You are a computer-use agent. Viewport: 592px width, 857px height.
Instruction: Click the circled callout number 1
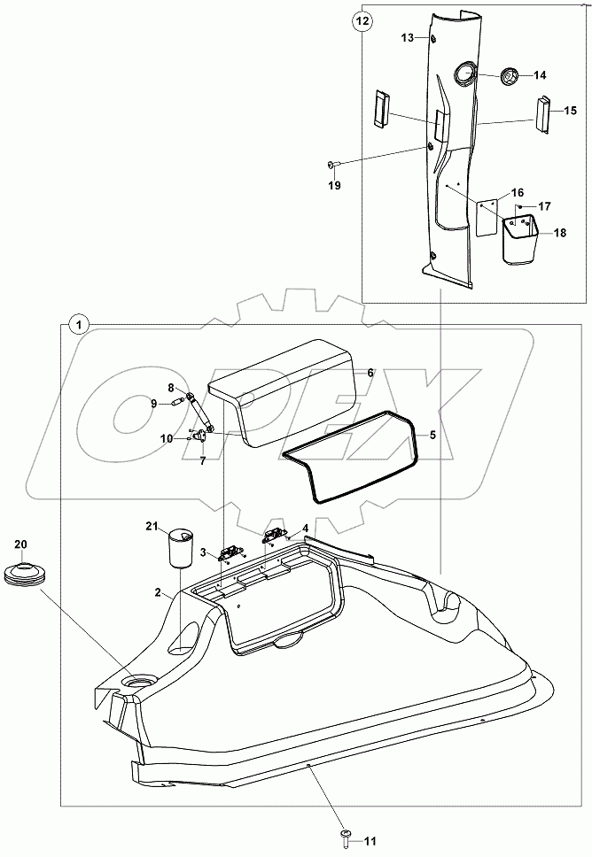[79, 324]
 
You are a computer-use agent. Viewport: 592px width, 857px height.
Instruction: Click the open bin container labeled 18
[521, 241]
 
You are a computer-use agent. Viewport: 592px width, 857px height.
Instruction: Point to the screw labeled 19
[331, 164]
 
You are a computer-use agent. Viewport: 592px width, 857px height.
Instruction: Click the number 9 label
[152, 404]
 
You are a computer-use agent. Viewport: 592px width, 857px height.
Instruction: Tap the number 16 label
[518, 192]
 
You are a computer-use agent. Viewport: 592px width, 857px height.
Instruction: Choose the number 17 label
[544, 205]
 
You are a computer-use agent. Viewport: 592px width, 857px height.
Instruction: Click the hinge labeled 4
[275, 534]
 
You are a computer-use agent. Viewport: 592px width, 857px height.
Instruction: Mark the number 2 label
[157, 592]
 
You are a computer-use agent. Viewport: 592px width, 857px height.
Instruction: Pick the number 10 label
[167, 437]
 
